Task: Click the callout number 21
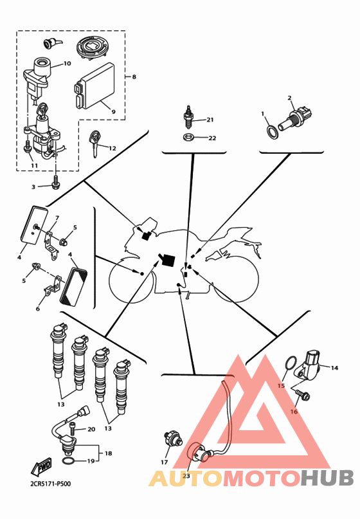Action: [210, 120]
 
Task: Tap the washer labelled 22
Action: [189, 136]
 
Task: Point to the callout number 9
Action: [114, 112]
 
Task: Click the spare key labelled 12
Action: [94, 143]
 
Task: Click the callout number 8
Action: [134, 77]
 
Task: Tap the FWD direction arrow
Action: [41, 466]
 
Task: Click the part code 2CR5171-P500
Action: [50, 484]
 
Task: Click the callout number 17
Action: [165, 462]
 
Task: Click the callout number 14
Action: [334, 368]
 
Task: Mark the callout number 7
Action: [57, 218]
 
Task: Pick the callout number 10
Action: [67, 63]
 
